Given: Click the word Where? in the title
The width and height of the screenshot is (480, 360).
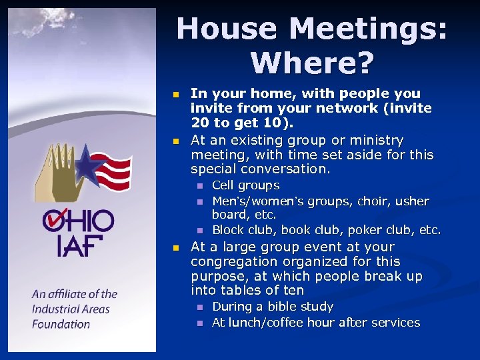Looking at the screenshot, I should [312, 63].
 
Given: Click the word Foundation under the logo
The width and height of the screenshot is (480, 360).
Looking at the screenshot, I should [61, 324].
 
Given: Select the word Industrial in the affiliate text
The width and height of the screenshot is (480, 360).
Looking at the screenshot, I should [57, 309].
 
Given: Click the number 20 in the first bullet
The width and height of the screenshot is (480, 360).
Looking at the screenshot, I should [199, 123].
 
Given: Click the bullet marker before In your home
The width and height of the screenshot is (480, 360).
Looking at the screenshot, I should [175, 95].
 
